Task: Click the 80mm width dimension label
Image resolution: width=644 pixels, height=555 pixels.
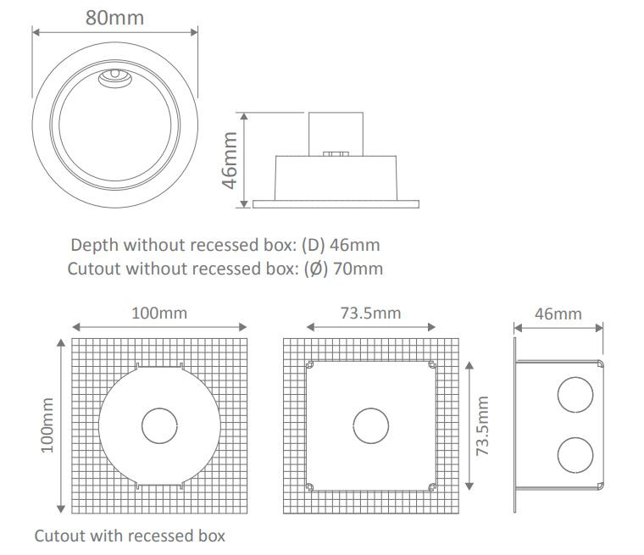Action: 114,17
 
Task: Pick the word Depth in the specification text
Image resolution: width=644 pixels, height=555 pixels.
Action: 95,246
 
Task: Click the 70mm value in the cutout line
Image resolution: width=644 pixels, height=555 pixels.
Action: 360,269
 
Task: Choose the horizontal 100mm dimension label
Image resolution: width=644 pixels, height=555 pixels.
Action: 159,314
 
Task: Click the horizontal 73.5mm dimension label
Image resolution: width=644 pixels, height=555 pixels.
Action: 370,314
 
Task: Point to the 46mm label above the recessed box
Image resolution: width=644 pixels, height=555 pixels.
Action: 558,314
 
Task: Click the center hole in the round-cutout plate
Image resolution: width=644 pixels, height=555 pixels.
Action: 158,426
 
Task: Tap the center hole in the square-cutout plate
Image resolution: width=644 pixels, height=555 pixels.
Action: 369,426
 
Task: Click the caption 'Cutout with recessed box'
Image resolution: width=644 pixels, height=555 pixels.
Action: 130,536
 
